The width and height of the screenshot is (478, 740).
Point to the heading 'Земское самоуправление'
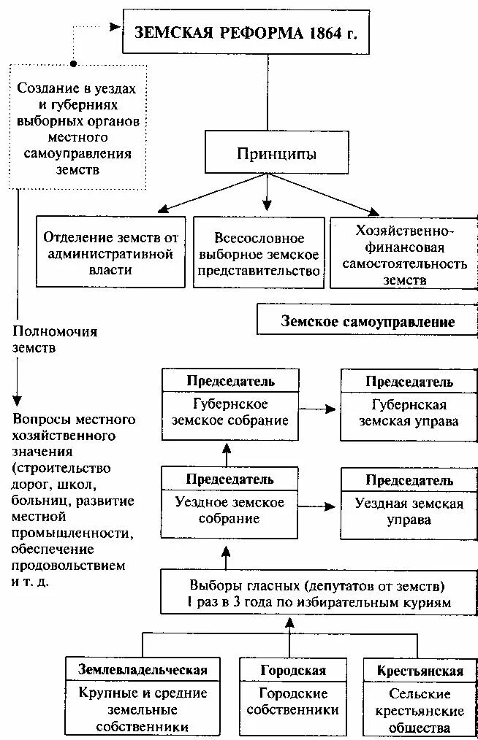(x=368, y=322)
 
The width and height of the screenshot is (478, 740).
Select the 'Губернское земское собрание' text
(x=230, y=413)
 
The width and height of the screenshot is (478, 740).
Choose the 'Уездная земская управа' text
(x=409, y=511)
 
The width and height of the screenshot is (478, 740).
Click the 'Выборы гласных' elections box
(x=316, y=594)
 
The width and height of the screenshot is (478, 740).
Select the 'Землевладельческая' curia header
(x=143, y=670)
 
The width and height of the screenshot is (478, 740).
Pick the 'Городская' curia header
(x=292, y=670)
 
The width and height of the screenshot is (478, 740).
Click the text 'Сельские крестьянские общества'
(x=420, y=710)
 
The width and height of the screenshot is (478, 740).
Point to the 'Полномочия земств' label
(x=55, y=340)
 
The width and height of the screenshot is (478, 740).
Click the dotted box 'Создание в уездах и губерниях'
(x=77, y=128)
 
